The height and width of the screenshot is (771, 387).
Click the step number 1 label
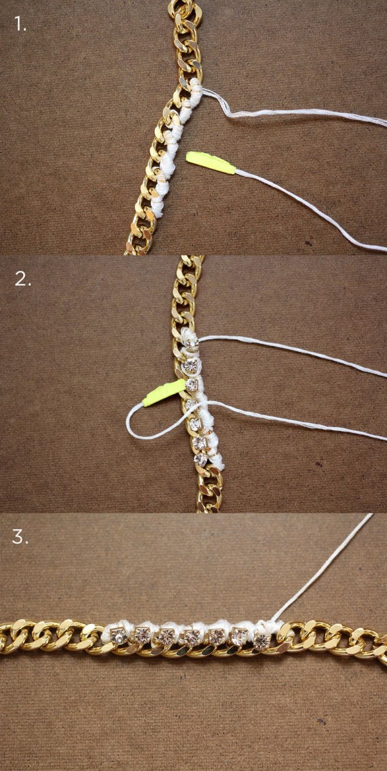tap(20, 24)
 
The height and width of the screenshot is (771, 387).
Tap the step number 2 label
tap(23, 278)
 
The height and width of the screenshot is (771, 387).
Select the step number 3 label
tap(21, 537)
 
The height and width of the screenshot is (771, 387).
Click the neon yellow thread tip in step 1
tap(210, 163)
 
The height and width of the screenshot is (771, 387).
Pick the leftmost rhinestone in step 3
tap(119, 636)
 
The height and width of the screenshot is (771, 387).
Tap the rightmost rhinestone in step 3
tap(262, 639)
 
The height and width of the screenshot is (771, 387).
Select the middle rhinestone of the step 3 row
tap(192, 638)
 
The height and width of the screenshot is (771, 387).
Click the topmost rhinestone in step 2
tap(192, 345)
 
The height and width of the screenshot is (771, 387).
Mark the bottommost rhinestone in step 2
tap(200, 459)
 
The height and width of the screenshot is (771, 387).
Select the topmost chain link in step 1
tap(184, 9)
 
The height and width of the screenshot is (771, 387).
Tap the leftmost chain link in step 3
tap(7, 635)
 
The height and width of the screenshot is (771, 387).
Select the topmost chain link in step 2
tap(190, 262)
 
